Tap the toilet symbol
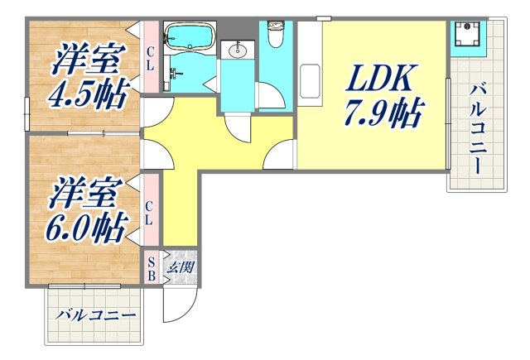click(x=276, y=35)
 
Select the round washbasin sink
click(x=236, y=52)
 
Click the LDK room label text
click(x=379, y=79)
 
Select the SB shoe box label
click(x=152, y=268)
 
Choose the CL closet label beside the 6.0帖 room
click(x=150, y=213)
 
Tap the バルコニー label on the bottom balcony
click(x=96, y=316)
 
